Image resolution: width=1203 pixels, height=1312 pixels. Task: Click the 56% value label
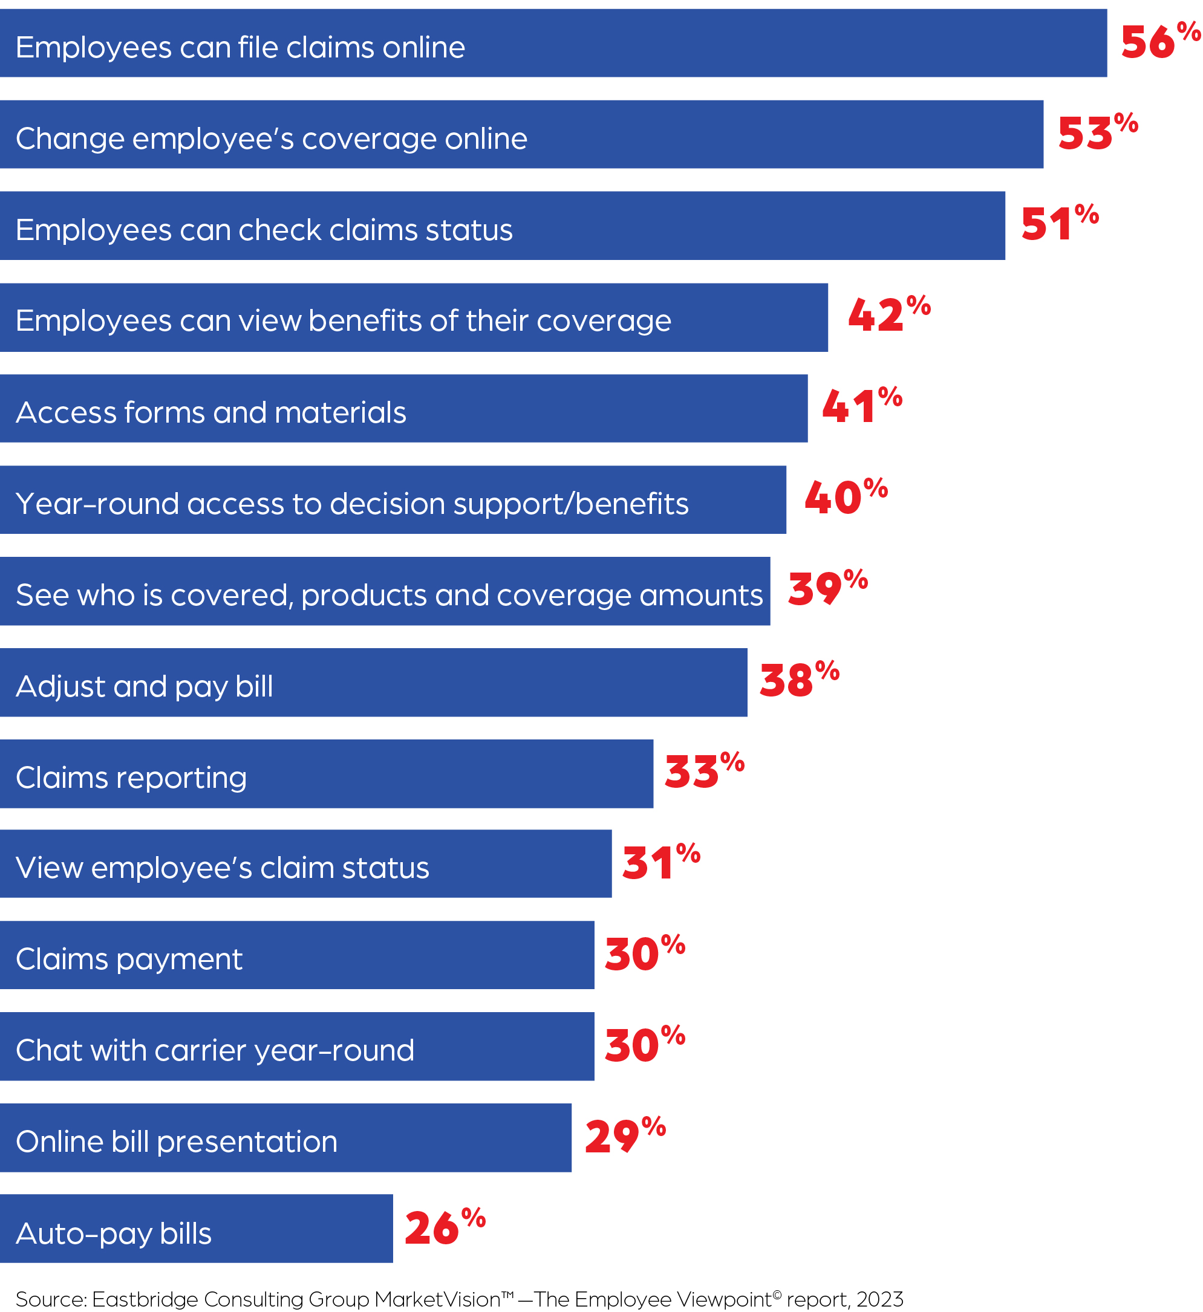[x=1160, y=42]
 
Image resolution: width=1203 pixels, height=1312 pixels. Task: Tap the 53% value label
[x=1098, y=133]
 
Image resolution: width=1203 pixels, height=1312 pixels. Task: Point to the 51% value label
[x=1059, y=224]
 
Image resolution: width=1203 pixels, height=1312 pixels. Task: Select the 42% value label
[x=888, y=315]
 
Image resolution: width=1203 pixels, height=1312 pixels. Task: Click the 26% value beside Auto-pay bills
[x=445, y=1228]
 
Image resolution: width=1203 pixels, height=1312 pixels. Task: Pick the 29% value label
[x=625, y=1136]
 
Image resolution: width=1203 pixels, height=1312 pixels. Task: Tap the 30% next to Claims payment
[x=645, y=954]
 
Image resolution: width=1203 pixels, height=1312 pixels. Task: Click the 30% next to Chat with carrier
[x=645, y=1045]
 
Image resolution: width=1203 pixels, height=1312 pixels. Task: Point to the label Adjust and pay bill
[x=144, y=687]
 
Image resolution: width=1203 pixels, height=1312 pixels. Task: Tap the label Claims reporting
[x=131, y=778]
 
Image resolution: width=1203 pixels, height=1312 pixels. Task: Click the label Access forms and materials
[x=211, y=412]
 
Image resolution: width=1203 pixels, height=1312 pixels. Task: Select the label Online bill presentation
[x=177, y=1142]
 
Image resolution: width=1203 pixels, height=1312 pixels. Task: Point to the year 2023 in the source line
[x=879, y=1299]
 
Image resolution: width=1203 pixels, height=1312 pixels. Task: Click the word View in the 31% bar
[x=50, y=868]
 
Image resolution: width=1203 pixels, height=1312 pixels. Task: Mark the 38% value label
[x=799, y=681]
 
